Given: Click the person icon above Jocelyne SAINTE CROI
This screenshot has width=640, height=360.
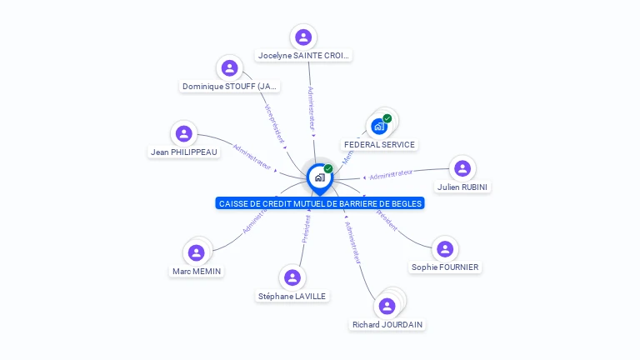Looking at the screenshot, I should (303, 37).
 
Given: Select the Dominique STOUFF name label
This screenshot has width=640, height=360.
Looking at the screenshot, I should (230, 86).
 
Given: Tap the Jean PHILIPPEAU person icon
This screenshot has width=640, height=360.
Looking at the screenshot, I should (184, 133).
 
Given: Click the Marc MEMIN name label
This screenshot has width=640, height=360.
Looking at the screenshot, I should (197, 271).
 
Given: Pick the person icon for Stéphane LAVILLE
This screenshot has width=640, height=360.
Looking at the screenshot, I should (292, 277).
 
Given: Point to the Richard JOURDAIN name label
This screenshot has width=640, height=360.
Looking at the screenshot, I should (387, 324).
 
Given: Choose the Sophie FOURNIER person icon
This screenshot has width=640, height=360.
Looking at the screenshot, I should (445, 248).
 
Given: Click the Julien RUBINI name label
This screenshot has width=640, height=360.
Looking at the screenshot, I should (462, 187).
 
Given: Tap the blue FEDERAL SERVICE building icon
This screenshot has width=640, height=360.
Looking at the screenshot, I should (379, 127).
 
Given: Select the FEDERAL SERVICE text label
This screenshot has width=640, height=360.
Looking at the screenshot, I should (379, 144).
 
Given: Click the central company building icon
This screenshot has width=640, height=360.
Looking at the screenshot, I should (319, 177).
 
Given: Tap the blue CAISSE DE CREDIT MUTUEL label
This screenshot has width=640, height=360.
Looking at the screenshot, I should (320, 203).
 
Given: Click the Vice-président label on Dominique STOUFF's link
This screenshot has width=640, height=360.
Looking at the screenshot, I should (274, 123).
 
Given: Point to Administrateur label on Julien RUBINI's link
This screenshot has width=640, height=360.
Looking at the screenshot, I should (391, 174).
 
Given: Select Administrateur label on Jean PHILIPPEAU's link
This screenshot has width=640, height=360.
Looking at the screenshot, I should (252, 157).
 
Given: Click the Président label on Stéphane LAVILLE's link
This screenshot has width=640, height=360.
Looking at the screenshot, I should (307, 227).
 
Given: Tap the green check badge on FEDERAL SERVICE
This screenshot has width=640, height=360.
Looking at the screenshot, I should (387, 118).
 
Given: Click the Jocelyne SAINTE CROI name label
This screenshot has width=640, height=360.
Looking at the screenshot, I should (303, 56).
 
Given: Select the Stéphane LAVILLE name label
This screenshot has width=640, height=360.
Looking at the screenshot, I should (292, 296).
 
